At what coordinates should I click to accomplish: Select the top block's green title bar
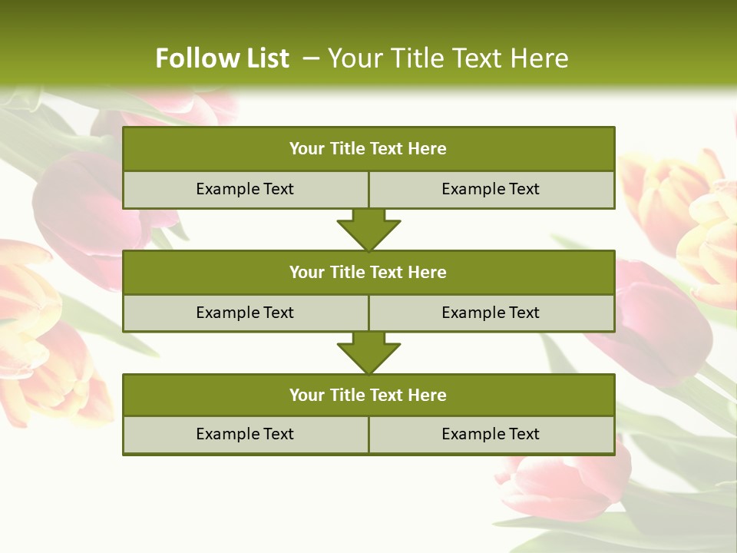point(368,149)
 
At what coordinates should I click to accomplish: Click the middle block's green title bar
point(368,272)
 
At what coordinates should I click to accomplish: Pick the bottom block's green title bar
point(368,395)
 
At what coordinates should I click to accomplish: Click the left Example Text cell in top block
point(245,189)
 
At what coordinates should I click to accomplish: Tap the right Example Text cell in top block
point(491,189)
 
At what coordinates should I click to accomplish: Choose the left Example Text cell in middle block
point(245,313)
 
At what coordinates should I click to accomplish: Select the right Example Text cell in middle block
point(491,313)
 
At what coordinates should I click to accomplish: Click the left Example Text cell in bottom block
point(245,434)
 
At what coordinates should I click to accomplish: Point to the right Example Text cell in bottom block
point(491,434)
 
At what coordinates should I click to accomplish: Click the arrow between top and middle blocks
point(368,230)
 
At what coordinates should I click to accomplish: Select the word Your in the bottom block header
point(306,395)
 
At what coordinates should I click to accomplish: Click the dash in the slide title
point(311,58)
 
